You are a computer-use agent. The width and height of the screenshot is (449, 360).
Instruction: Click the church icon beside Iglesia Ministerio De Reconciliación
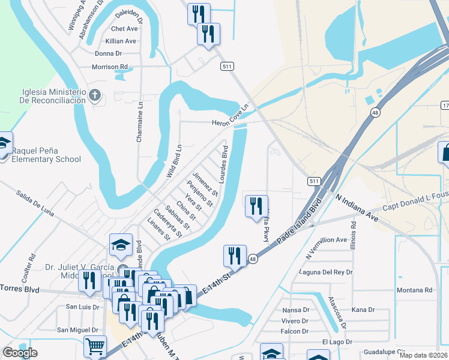pos(95,95)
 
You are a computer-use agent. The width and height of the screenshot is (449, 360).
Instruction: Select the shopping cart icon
pos(95,346)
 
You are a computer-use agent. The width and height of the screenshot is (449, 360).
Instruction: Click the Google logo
pos(20,353)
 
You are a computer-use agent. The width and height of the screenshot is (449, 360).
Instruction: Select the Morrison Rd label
pos(110,67)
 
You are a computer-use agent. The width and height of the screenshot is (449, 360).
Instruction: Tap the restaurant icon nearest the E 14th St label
pos(235,256)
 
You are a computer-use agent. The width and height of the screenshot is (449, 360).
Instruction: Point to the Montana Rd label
pos(414,290)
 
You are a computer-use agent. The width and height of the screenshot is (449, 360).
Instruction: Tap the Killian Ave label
pos(121,41)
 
